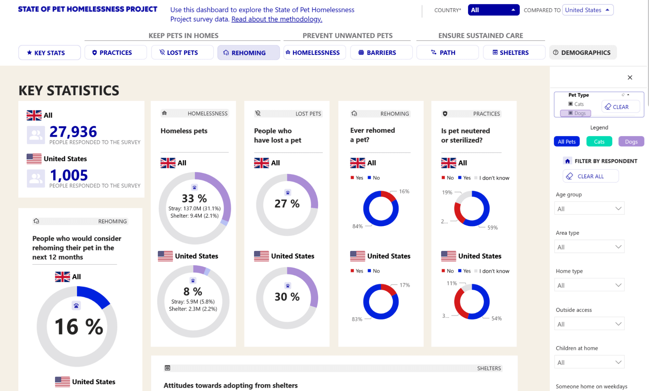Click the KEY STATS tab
tap(49, 53)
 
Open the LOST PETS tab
tap(182, 53)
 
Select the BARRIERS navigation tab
tap(381, 53)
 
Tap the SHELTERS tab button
tap(514, 53)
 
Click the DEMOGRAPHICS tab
tap(582, 53)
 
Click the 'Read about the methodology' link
tap(277, 19)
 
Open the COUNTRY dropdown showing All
tap(493, 10)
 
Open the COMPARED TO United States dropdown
tap(587, 10)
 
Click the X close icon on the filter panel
tap(630, 77)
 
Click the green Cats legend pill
tap(599, 141)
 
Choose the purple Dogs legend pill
tap(631, 141)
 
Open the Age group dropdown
tap(589, 209)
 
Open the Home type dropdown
tap(589, 285)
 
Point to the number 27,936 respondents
tap(73, 132)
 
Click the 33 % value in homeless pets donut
tap(194, 198)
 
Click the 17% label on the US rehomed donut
tap(405, 285)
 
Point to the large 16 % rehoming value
tap(79, 327)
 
